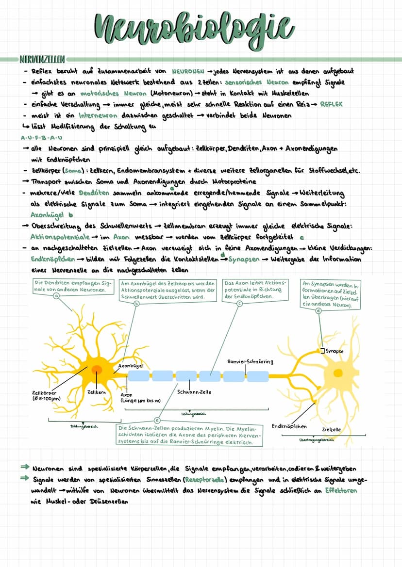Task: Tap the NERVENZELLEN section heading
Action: click(42, 60)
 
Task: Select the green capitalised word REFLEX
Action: click(334, 104)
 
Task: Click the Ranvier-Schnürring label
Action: click(250, 361)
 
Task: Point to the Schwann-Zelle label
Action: click(194, 391)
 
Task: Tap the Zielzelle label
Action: click(331, 430)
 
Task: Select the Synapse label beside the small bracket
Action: click(335, 351)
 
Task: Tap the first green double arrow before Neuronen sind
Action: click(25, 469)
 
